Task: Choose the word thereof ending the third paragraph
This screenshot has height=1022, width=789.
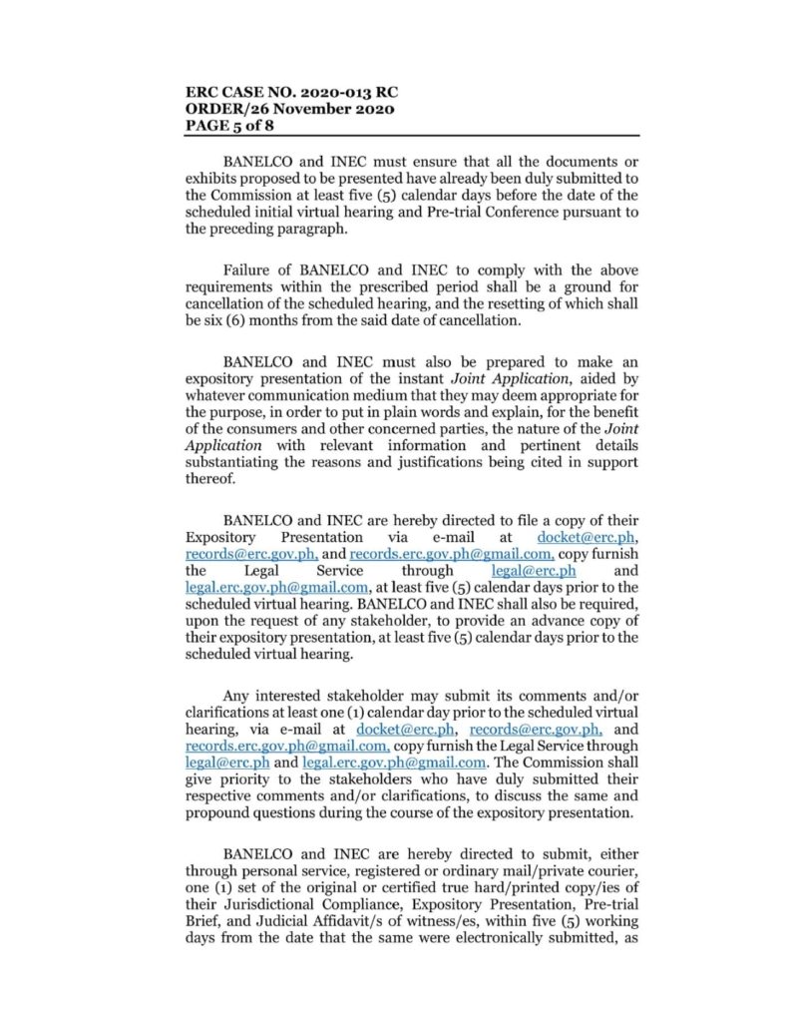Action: point(210,484)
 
